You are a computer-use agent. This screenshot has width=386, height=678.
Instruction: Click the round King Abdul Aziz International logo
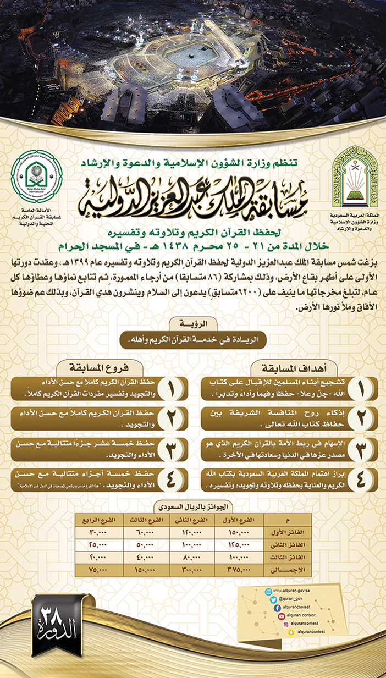tap(37, 176)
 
